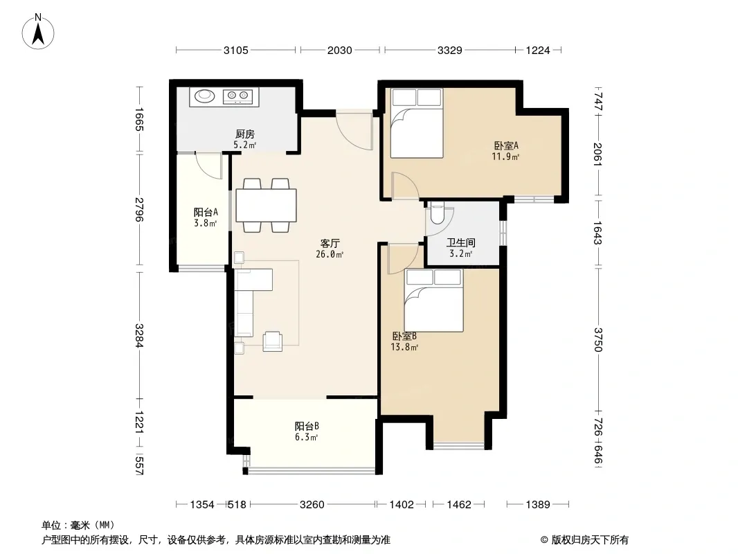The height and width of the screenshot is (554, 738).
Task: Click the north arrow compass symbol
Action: point(38,32)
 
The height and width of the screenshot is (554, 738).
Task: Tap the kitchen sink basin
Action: point(205,96)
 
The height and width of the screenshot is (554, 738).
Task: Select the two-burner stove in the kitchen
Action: point(237,96)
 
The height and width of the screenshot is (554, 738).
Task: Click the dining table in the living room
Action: point(266,205)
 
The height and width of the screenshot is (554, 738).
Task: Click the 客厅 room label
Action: point(330,243)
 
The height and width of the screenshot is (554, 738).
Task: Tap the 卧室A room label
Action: point(506,145)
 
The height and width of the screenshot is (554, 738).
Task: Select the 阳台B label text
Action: point(307,426)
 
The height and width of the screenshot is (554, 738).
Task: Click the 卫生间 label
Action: point(461,243)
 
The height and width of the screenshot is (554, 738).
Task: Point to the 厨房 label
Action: point(245,134)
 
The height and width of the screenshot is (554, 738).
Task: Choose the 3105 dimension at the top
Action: point(236,50)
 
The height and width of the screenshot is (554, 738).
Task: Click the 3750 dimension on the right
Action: point(598,339)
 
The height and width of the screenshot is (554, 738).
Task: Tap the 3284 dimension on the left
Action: point(139,336)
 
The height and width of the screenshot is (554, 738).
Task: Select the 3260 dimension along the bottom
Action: point(312,505)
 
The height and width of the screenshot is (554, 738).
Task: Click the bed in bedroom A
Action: point(417,123)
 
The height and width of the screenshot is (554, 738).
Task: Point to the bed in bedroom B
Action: point(434,300)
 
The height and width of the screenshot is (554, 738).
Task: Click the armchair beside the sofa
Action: point(273,341)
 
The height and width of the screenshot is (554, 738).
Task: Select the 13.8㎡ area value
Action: point(404,348)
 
